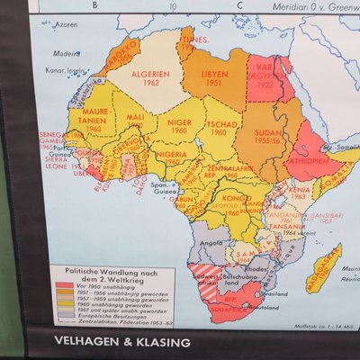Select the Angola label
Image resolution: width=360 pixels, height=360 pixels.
[x=212, y=242]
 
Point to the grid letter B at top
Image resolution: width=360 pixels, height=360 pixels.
[x=96, y=4]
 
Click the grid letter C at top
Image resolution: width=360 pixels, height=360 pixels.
[x=238, y=4]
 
